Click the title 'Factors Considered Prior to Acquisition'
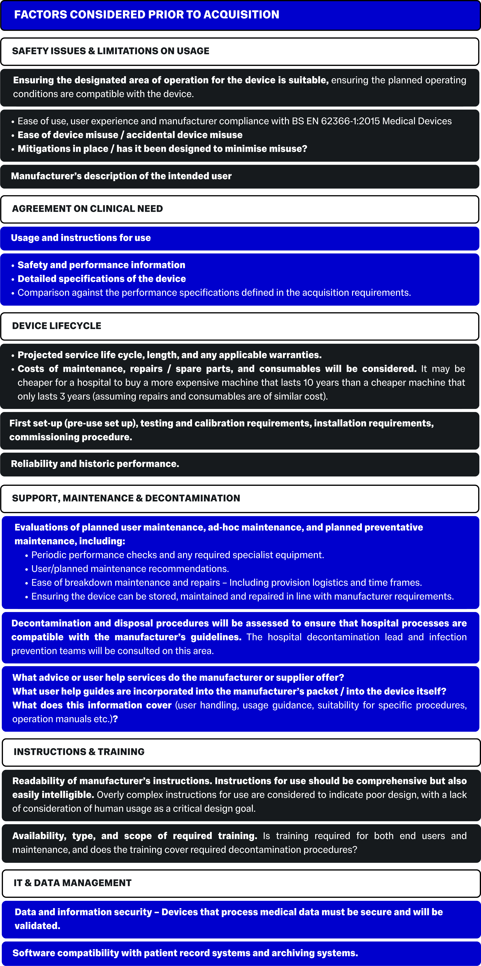click(147, 15)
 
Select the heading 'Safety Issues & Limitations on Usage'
click(111, 51)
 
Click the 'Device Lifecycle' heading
click(57, 326)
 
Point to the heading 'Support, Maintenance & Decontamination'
click(126, 498)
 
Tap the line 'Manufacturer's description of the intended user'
click(121, 176)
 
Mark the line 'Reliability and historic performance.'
click(95, 464)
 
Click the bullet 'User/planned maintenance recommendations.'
click(130, 569)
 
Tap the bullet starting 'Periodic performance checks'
click(177, 555)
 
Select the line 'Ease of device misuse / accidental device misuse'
click(130, 135)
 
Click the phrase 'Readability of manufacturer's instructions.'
click(112, 781)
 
